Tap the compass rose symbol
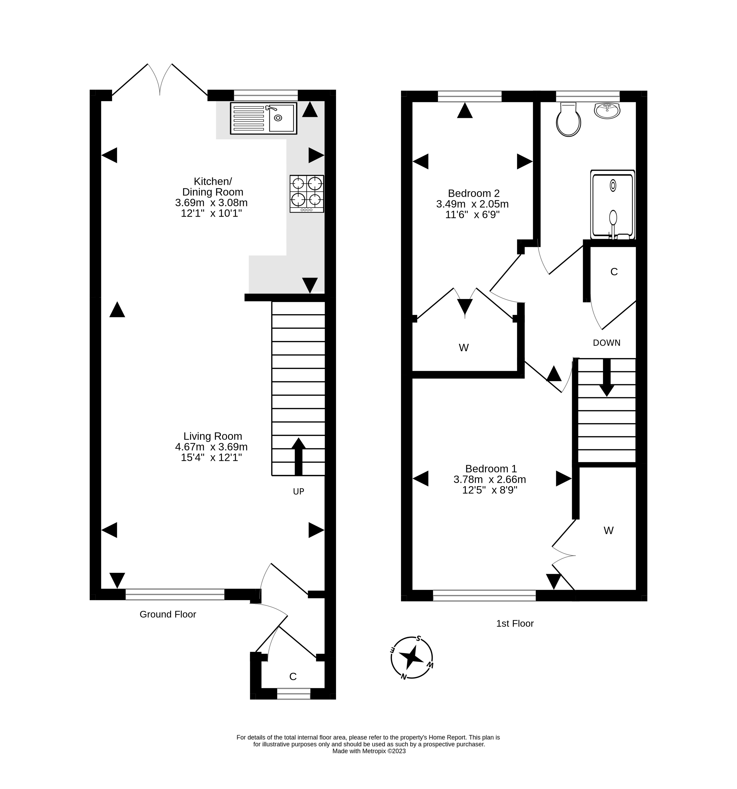[412, 658]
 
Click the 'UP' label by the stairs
[298, 491]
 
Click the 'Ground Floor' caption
[168, 614]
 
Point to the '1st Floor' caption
[515, 624]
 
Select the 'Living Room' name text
[213, 436]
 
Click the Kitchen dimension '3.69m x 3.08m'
[211, 203]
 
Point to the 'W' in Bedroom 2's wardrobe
[464, 348]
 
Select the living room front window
[175, 594]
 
